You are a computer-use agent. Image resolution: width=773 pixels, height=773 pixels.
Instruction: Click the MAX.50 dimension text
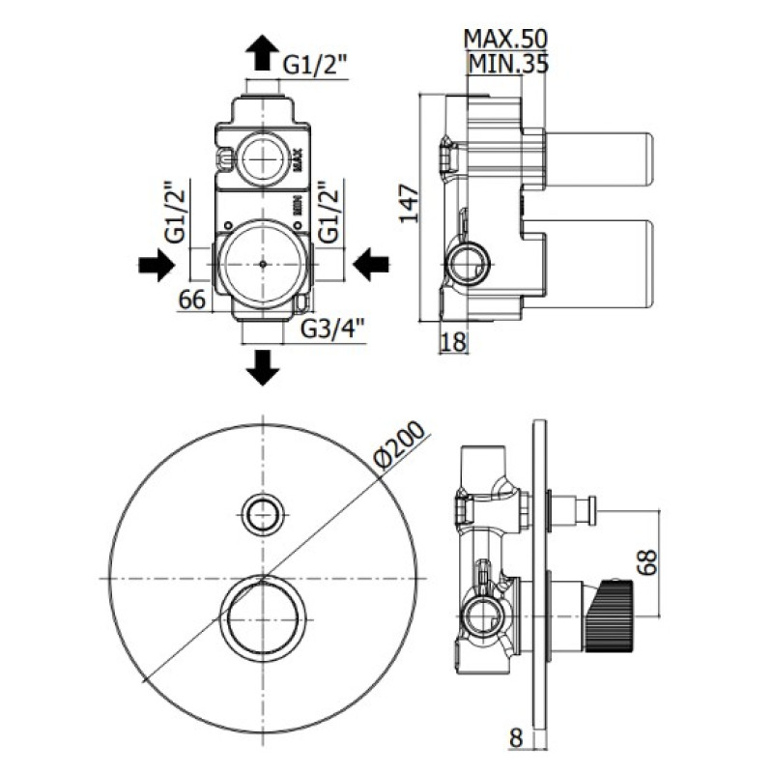point(505,40)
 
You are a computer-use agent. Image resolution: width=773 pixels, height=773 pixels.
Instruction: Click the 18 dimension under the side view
point(454,341)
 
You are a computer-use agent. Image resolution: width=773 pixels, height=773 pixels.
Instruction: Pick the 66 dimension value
point(193,301)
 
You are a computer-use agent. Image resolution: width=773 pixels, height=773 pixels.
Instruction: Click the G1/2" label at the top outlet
point(315,65)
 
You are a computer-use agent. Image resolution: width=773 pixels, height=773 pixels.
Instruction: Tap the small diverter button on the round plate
point(263,513)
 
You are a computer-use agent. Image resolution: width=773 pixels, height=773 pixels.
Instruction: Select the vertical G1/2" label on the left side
point(175,215)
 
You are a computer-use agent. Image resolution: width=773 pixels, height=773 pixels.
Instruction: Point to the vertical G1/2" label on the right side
point(329,215)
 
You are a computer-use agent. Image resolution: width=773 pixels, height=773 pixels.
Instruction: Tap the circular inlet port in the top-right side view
point(468,261)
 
